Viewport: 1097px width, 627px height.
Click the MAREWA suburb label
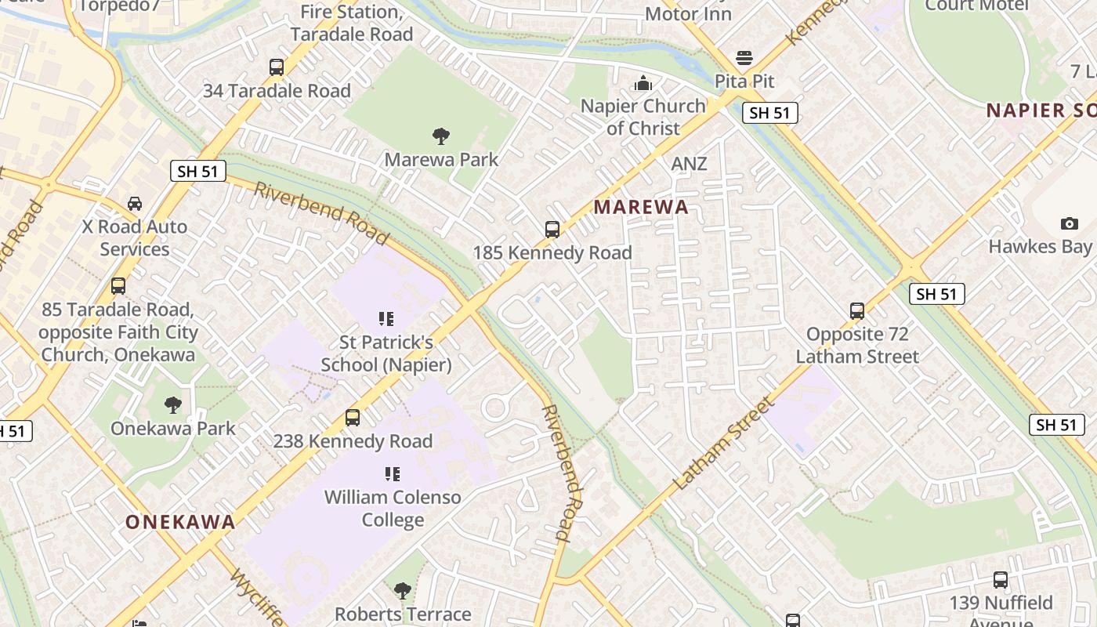tap(641, 207)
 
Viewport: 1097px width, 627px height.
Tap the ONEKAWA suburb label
tap(180, 522)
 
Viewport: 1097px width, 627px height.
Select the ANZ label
tap(689, 164)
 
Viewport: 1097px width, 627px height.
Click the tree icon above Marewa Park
tap(441, 136)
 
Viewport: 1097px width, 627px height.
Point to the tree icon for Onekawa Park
tap(172, 405)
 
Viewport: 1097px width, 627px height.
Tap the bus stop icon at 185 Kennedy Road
tap(552, 230)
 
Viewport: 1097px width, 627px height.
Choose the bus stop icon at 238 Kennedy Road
tap(353, 418)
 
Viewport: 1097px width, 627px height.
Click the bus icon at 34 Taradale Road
tap(277, 67)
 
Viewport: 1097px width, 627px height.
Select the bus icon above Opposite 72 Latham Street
tap(857, 311)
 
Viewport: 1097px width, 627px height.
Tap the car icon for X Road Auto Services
tap(135, 204)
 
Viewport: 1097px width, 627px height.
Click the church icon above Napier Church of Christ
tap(643, 82)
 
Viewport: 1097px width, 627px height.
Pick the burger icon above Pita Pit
tap(744, 58)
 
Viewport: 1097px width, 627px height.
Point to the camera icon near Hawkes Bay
tap(1069, 224)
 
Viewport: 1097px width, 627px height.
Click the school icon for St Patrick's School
tap(386, 319)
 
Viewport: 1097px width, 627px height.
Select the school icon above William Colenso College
tap(393, 474)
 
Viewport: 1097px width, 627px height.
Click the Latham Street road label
tap(723, 444)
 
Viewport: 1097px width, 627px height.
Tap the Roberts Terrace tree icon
tap(403, 590)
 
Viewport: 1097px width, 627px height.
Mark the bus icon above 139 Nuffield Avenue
tap(1001, 580)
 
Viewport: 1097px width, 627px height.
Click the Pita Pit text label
tap(744, 81)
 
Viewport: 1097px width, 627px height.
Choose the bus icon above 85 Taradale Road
tap(118, 286)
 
